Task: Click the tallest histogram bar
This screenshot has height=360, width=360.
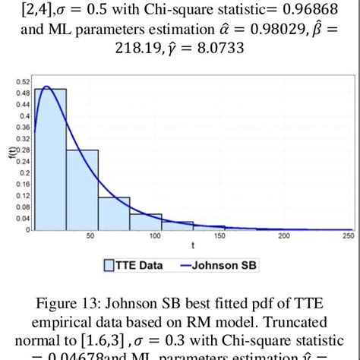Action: (50, 159)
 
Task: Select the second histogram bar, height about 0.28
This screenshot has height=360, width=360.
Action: (82, 189)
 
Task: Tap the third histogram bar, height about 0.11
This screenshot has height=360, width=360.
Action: (114, 213)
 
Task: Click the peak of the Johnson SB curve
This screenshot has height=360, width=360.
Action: (46, 87)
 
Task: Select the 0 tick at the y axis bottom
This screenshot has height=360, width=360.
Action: (28, 229)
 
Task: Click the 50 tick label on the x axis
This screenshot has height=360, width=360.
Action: (90, 237)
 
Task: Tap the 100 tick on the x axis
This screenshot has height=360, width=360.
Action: (155, 237)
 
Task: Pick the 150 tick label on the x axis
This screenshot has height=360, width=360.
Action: (220, 237)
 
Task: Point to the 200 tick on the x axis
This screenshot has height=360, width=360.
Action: (285, 237)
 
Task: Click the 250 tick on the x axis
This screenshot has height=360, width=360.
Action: (348, 237)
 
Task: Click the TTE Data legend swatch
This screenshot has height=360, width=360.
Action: (108, 265)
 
